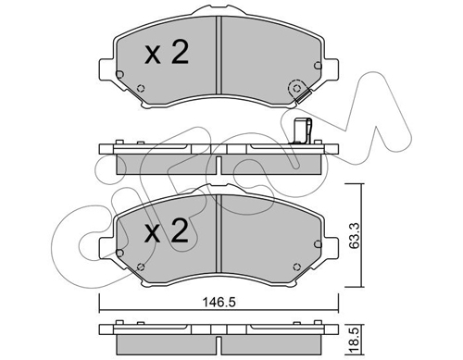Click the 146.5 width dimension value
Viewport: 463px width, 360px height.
pos(219,303)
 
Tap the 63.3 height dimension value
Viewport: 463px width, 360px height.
pos(355,235)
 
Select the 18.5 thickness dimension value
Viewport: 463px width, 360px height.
pos(355,339)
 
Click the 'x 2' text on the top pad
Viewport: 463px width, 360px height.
pos(167,53)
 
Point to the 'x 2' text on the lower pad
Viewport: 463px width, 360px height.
pos(167,230)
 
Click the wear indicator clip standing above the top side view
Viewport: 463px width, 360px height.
pos(302,131)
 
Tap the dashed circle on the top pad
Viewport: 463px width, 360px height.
pos(296,89)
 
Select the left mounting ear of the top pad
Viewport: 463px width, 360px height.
pos(106,70)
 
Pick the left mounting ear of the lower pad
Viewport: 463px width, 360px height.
pos(106,249)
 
